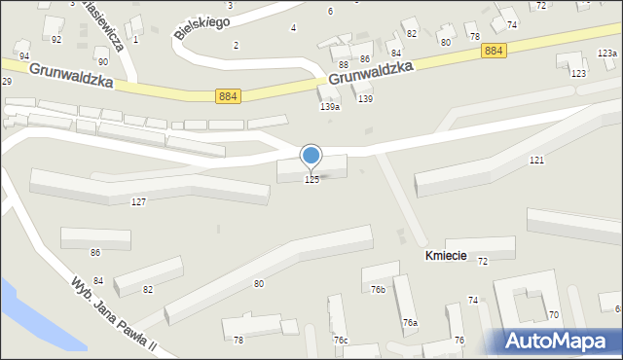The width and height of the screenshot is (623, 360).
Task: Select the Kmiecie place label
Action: coord(446,256)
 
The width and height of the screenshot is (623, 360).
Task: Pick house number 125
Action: coord(311,180)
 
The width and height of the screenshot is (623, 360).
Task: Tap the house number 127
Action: coord(138,201)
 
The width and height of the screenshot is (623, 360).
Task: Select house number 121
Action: coord(535,160)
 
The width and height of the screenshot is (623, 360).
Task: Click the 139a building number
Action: coord(330,107)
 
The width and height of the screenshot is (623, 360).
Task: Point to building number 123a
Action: coord(606,54)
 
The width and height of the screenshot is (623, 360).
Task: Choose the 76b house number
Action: coord(378,289)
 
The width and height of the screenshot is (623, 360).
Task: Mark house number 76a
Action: coord(410,323)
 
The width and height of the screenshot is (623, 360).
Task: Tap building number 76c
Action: coord(341,340)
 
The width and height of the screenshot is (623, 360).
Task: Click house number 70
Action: coord(553,315)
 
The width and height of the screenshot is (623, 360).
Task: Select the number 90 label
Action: coord(102,61)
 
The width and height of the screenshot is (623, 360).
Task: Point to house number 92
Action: coord(56,39)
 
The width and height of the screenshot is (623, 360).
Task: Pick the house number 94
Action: coord(24,56)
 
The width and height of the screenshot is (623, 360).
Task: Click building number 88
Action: coord(344,64)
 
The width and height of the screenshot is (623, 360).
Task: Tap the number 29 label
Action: coord(6,81)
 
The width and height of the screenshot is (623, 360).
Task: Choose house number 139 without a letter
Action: coord(365,99)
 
